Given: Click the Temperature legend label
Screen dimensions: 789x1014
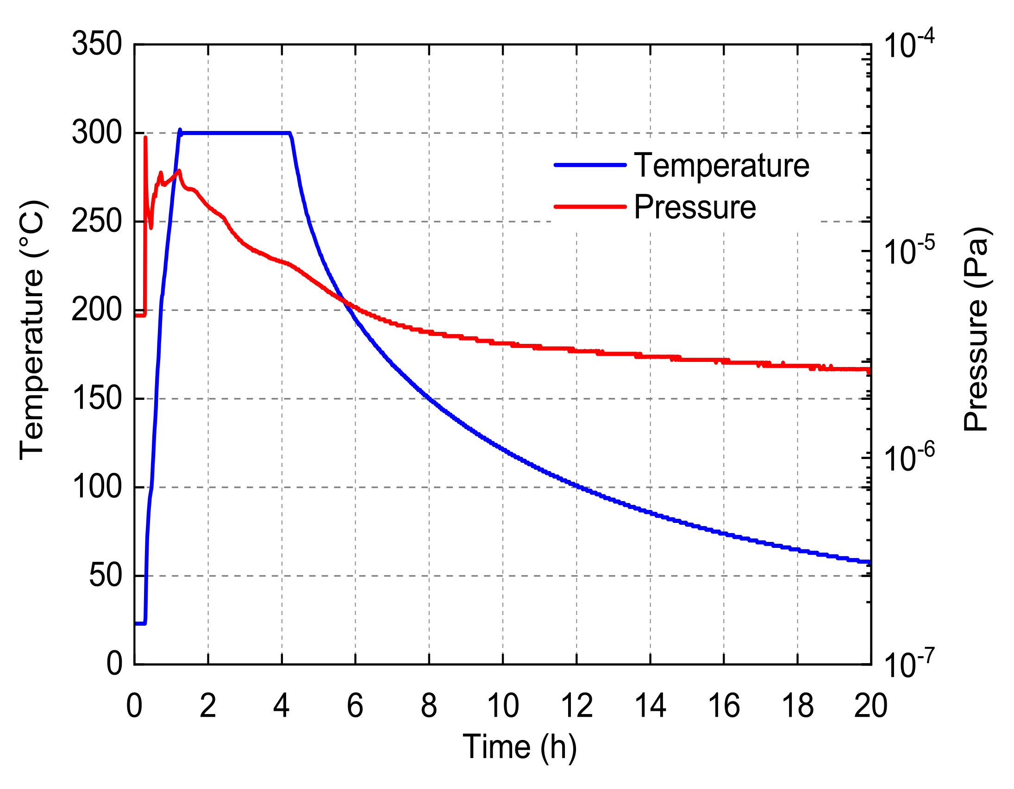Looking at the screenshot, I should tap(721, 166).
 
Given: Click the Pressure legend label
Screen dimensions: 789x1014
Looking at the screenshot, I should tap(695, 207).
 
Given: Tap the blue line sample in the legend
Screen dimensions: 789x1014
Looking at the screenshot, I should tap(590, 165).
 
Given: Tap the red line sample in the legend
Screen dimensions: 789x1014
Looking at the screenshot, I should tap(590, 206).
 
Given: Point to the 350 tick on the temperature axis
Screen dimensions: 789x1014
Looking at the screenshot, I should tap(97, 44).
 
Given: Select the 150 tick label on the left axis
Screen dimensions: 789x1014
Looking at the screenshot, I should tap(97, 399).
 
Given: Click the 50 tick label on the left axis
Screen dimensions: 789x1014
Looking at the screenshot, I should tap(106, 576).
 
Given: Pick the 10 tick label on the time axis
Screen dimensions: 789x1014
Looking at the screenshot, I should tap(503, 706).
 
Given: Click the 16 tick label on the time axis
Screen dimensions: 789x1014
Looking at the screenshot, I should tap(724, 706).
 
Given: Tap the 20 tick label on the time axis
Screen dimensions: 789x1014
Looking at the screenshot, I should tap(870, 706).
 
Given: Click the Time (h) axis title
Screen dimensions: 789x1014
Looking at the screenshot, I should tap(520, 747).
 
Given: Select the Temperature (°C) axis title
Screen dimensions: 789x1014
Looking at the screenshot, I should tap(32, 330).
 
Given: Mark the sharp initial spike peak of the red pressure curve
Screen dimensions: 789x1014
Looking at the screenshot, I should tap(145, 137).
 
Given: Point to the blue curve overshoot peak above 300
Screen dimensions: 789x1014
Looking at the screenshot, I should tap(180, 130).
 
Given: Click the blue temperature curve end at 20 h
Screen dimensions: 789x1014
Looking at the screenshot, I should tap(868, 562).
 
